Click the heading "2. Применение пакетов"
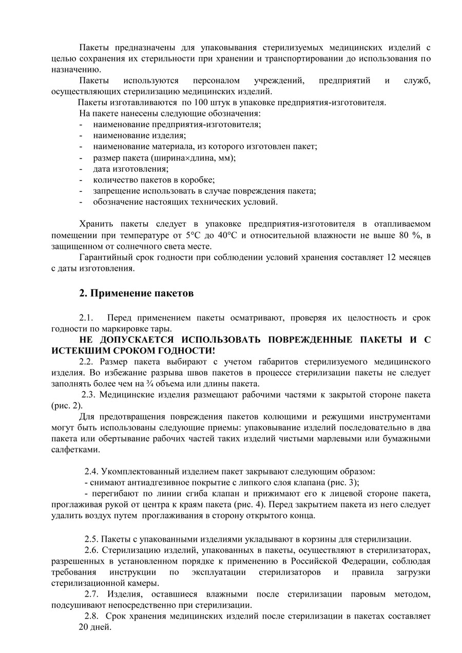[136, 293]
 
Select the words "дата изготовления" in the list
[130, 168]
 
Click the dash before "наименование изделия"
[81, 135]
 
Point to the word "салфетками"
[75, 449]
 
